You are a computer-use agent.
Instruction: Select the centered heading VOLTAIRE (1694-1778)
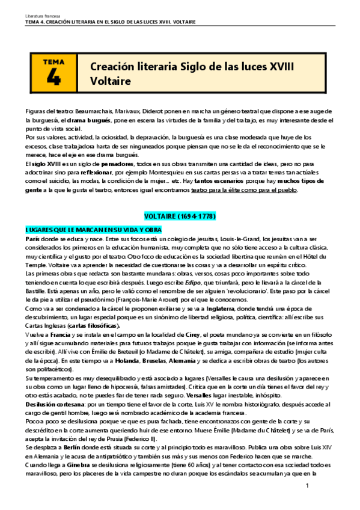coord(180,215)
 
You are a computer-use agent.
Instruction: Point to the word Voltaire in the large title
coord(110,80)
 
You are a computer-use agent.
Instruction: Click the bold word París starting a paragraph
coord(33,239)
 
